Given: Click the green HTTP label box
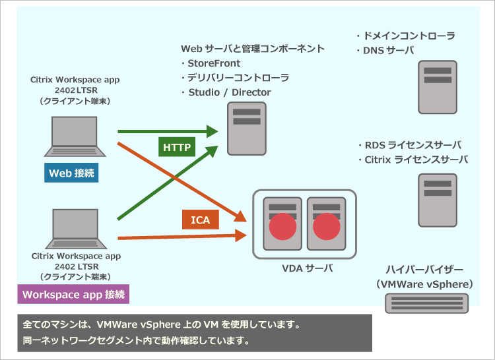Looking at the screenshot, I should [178, 146].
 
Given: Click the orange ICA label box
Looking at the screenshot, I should [200, 220].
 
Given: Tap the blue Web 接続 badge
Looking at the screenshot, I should [72, 173].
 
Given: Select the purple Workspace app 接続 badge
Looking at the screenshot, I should [73, 294].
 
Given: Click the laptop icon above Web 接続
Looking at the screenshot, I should [74, 138].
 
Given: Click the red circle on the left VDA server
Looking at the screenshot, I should [282, 227].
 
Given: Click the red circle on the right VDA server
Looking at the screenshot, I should [325, 227].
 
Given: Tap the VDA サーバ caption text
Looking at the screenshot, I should [304, 268].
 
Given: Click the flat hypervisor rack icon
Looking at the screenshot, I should [427, 302].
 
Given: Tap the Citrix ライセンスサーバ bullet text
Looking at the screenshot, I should [412, 160].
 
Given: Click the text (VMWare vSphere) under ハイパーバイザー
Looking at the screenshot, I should [425, 284].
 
